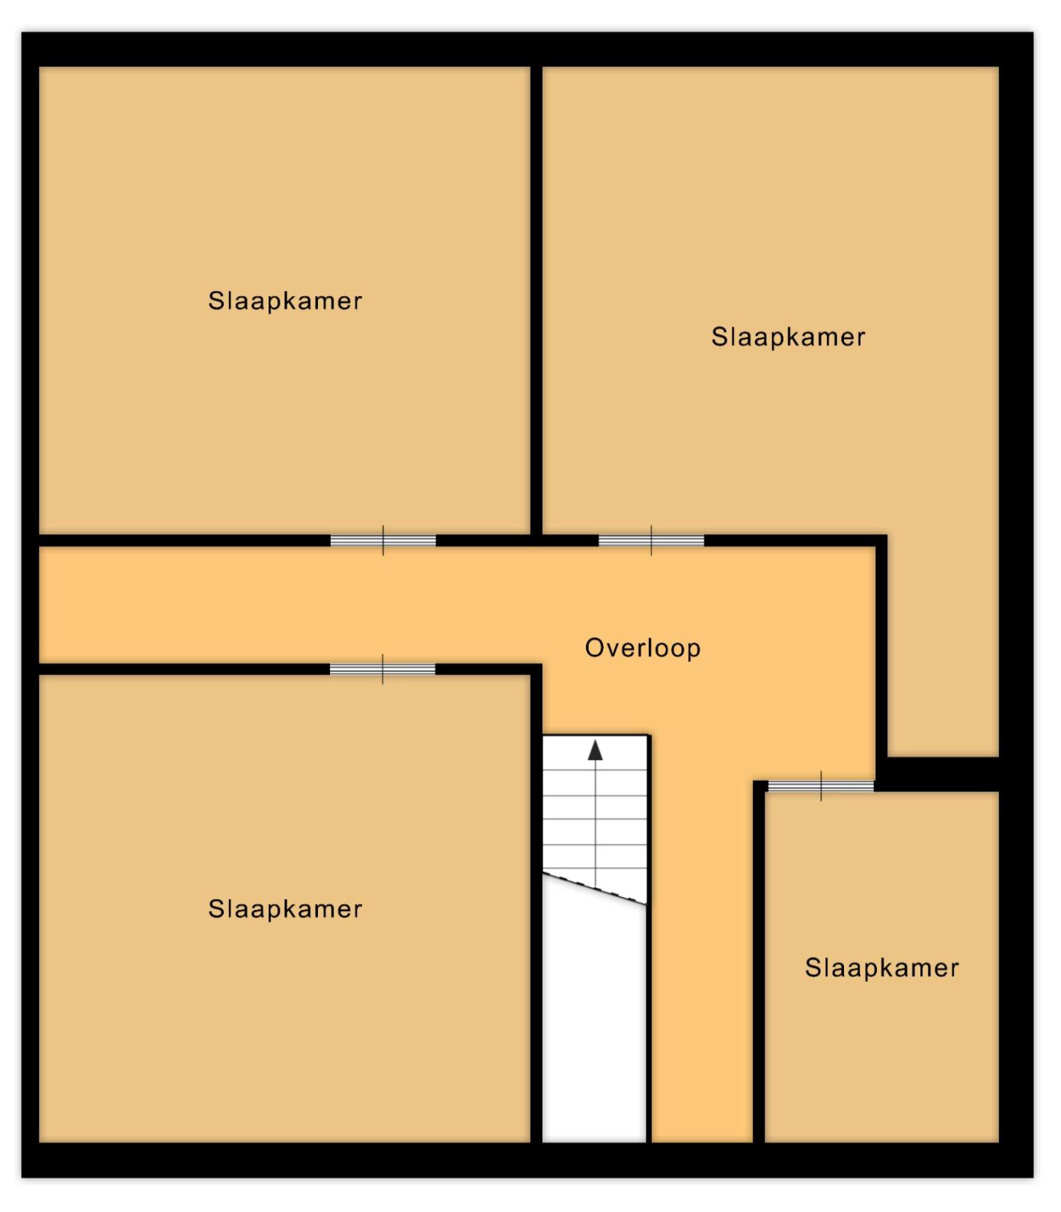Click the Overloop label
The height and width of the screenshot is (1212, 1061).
pyautogui.click(x=643, y=649)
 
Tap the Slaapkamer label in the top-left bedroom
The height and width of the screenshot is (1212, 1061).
pyautogui.click(x=285, y=302)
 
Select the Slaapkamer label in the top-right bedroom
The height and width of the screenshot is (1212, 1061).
pyautogui.click(x=789, y=337)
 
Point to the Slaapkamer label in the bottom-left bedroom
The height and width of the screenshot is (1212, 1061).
pyautogui.click(x=285, y=910)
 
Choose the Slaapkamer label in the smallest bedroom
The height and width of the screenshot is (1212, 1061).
pyautogui.click(x=882, y=968)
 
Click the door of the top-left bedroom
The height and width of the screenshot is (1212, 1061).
pyautogui.click(x=383, y=540)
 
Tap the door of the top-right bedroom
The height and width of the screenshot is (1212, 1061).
pyautogui.click(x=651, y=540)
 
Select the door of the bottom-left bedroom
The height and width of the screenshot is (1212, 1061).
pyautogui.click(x=382, y=669)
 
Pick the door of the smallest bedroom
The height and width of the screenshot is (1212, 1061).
pyautogui.click(x=821, y=786)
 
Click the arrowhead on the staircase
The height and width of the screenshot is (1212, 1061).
pyautogui.click(x=595, y=750)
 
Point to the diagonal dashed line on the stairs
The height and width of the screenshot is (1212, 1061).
pyautogui.click(x=594, y=889)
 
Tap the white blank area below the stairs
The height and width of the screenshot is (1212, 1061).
pyautogui.click(x=594, y=1017)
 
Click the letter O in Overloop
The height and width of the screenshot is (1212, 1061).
pyautogui.click(x=594, y=648)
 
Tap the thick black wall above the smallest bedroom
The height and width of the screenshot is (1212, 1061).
pyautogui.click(x=943, y=774)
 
